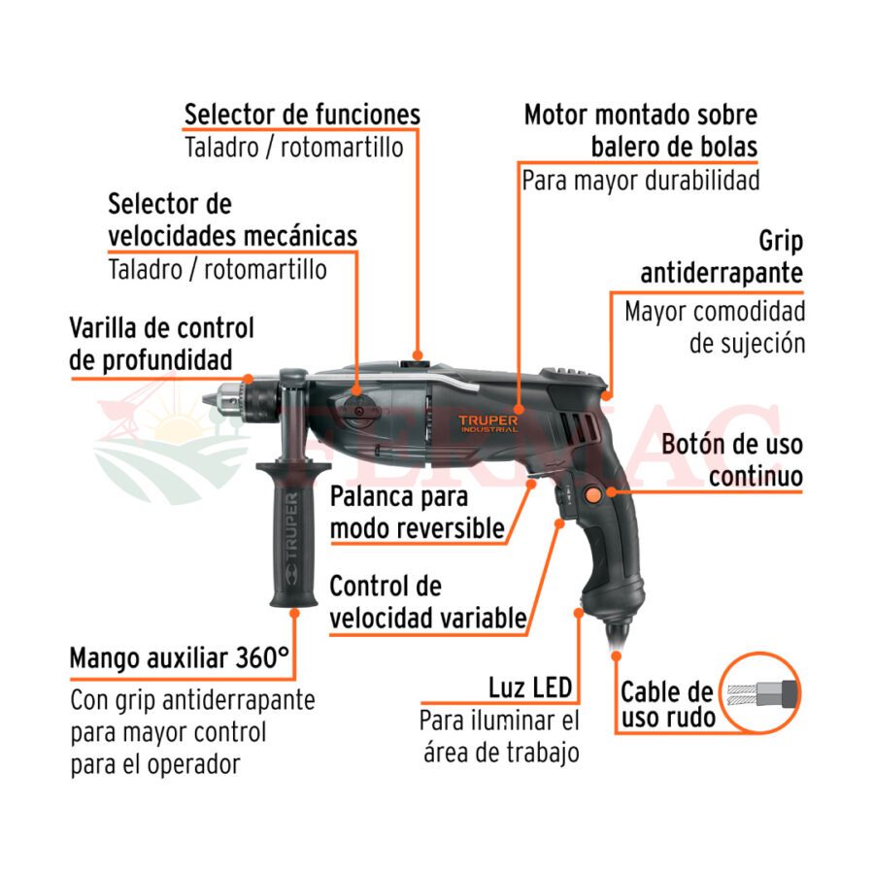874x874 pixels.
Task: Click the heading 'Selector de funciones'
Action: (x=302, y=115)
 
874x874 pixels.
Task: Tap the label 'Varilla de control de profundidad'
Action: (x=161, y=344)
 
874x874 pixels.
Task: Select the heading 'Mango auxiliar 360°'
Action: (x=180, y=658)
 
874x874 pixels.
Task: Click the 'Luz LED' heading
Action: (x=530, y=688)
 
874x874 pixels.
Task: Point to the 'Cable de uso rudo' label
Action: (x=667, y=705)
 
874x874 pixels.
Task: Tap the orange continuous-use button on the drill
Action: (x=592, y=495)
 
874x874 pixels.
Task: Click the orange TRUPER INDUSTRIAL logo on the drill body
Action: (x=488, y=423)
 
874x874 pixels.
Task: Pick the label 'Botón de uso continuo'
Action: (x=732, y=460)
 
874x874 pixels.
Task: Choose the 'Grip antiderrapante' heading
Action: (x=722, y=257)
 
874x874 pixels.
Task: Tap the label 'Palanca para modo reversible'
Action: (x=417, y=512)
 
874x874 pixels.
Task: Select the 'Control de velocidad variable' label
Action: (x=427, y=602)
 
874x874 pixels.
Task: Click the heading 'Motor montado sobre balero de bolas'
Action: (x=641, y=131)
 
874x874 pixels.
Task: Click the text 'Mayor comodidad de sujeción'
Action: (x=715, y=327)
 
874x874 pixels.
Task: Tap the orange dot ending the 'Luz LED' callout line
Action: (x=579, y=613)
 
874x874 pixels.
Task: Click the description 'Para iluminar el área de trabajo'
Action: (x=499, y=736)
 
